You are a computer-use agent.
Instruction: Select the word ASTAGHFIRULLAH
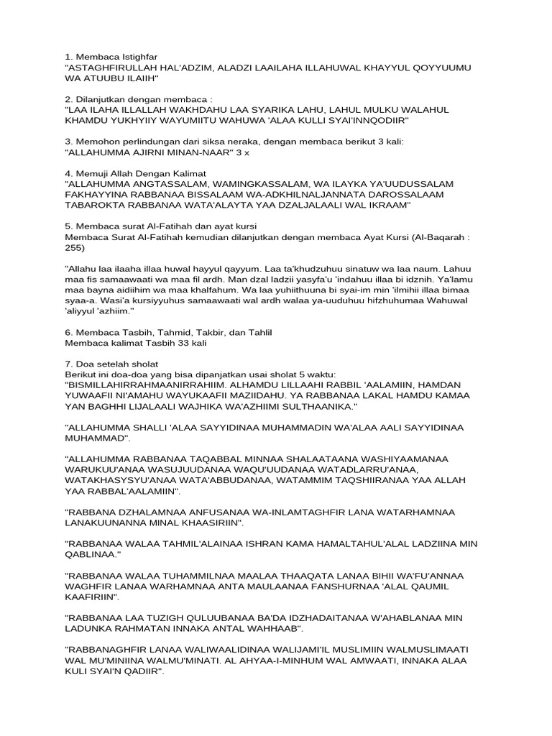116,67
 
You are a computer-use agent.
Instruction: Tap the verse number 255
73,248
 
